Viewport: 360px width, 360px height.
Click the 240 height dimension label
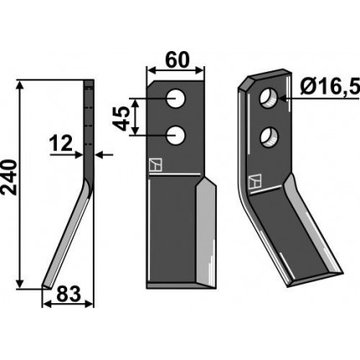(x=9, y=177)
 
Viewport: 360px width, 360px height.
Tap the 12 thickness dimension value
(x=61, y=144)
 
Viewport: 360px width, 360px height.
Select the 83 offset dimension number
(x=69, y=294)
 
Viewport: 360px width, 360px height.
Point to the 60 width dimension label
(x=177, y=60)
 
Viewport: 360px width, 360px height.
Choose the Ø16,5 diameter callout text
(x=330, y=87)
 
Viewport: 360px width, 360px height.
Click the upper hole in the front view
(x=176, y=98)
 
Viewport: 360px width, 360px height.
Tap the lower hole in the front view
(x=176, y=135)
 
